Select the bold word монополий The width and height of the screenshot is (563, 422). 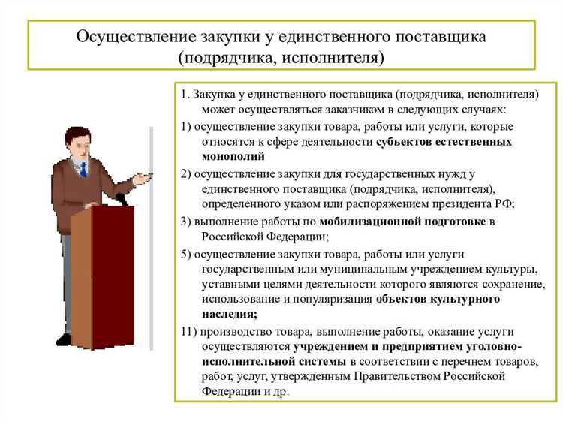tap(233, 156)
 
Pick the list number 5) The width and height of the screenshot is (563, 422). tap(186, 253)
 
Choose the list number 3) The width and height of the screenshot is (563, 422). tap(186, 221)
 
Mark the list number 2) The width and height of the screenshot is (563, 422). tap(186, 173)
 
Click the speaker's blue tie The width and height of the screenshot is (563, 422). tap(83, 168)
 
